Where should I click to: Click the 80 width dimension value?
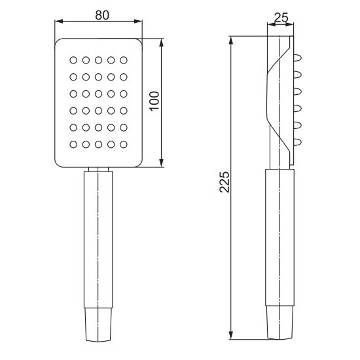tap(102, 16)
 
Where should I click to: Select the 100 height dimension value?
tap(154, 101)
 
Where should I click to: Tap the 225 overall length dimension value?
tap(225, 182)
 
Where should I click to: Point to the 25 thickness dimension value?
tap(281, 18)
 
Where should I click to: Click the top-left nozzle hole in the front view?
tap(73, 60)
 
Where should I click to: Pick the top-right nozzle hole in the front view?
tap(124, 60)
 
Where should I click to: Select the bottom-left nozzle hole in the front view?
tap(73, 145)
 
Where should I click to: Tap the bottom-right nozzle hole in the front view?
tap(124, 145)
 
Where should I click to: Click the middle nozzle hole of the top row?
tap(98, 60)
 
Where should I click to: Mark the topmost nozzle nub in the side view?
tap(298, 58)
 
